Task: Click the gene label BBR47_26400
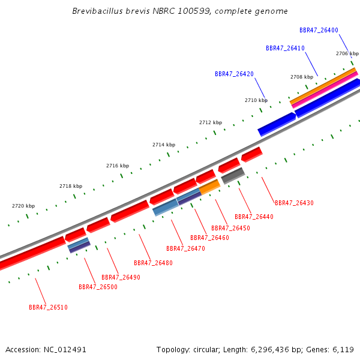pyautogui.click(x=319, y=31)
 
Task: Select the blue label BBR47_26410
pyautogui.click(x=285, y=48)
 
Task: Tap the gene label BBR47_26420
pyautogui.click(x=234, y=74)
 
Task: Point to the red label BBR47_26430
pyautogui.click(x=294, y=203)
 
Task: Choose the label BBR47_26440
pyautogui.click(x=254, y=217)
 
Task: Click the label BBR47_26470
pyautogui.click(x=185, y=248)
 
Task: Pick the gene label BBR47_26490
pyautogui.click(x=121, y=277)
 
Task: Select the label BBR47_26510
pyautogui.click(x=48, y=307)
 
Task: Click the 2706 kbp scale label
pyautogui.click(x=347, y=53)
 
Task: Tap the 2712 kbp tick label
pyautogui.click(x=211, y=122)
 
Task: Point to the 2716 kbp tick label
pyautogui.click(x=118, y=166)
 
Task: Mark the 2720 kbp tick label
pyautogui.click(x=23, y=206)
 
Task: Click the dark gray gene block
pyautogui.click(x=233, y=176)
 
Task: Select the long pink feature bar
pyautogui.click(x=325, y=90)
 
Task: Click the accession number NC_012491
pyautogui.click(x=65, y=350)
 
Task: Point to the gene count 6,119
pyautogui.click(x=343, y=350)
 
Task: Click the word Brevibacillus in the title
pyautogui.click(x=97, y=11)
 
